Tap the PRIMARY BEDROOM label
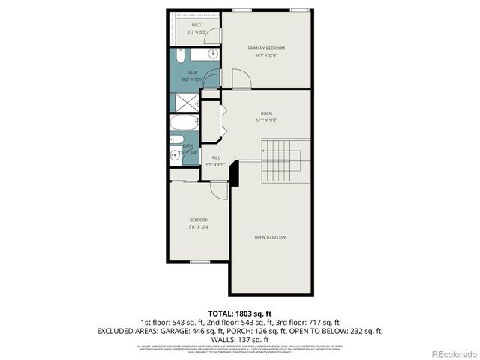266,48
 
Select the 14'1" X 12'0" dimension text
266,55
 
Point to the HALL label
215,158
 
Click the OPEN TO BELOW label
270,237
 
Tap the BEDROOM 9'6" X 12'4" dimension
199,226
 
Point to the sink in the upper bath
212,54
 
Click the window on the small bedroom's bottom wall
199,262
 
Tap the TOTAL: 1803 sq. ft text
240,313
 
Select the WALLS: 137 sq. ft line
240,339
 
